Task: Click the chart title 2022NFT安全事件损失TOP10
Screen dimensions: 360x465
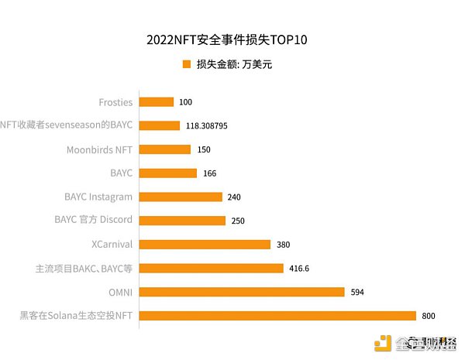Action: (232, 39)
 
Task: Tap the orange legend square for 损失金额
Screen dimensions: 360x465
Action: (186, 65)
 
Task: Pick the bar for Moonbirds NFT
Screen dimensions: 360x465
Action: (165, 149)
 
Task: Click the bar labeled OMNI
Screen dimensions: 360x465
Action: (242, 292)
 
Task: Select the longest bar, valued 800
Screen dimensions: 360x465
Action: (278, 315)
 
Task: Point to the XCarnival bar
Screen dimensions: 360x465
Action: (205, 244)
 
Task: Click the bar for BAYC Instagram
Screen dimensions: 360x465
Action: (181, 197)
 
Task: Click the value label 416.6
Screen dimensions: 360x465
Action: (300, 268)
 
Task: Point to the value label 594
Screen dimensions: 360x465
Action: (356, 292)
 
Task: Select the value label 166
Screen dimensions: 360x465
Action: (209, 173)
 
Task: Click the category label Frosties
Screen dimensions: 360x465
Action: (115, 101)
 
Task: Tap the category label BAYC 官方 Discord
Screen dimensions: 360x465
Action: (93, 220)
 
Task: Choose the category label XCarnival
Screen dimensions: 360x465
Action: (112, 244)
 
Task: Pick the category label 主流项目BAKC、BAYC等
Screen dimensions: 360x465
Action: (84, 268)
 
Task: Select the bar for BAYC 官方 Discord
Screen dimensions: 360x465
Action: (183, 221)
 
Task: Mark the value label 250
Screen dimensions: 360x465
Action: (238, 221)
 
